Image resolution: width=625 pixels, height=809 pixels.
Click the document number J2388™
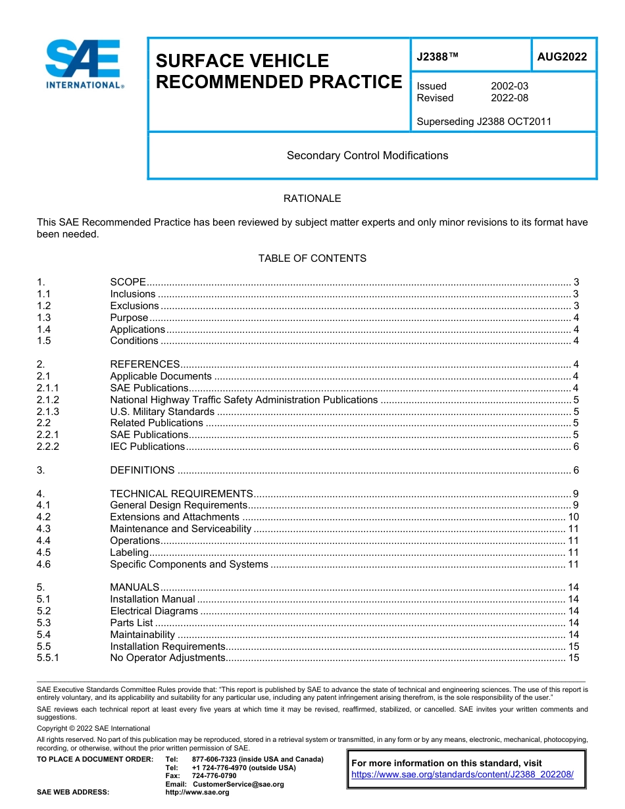pyautogui.click(x=438, y=57)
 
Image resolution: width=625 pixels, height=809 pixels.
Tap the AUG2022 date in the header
pyautogui.click(x=562, y=57)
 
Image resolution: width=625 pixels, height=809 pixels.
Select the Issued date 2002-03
pyautogui.click(x=509, y=86)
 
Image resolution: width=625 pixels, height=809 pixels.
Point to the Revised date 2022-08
pyautogui.click(x=509, y=98)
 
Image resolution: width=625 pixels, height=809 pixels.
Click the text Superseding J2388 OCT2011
pyautogui.click(x=484, y=121)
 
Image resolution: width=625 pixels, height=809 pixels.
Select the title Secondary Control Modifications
pyautogui.click(x=367, y=156)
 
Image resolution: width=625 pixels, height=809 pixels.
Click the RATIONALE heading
pyautogui.click(x=312, y=199)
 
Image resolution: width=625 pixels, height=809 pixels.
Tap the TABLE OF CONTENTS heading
pyautogui.click(x=312, y=258)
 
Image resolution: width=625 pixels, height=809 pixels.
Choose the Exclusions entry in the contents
pyautogui.click(x=134, y=306)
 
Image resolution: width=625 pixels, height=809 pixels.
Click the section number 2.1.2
pyautogui.click(x=48, y=400)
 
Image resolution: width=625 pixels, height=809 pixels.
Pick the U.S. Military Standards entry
pyautogui.click(x=162, y=412)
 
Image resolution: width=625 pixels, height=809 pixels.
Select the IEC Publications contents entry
pyautogui.click(x=147, y=447)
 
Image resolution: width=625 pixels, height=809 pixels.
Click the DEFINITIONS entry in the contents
pyautogui.click(x=142, y=470)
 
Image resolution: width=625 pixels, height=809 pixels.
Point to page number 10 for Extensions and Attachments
pyautogui.click(x=573, y=517)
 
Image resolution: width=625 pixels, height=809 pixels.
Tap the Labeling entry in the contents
pyautogui.click(x=129, y=552)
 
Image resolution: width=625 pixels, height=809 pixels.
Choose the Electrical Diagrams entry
pyautogui.click(x=153, y=611)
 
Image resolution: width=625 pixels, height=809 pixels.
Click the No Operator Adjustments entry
pyautogui.click(x=167, y=658)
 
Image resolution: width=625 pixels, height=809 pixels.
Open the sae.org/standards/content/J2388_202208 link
pyautogui.click(x=463, y=775)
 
